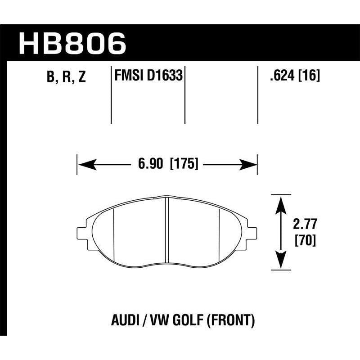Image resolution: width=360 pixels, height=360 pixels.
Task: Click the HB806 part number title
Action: (72, 44)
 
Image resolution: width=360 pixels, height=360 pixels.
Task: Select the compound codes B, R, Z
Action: (65, 77)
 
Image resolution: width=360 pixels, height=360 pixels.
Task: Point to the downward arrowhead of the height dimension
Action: (281, 260)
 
